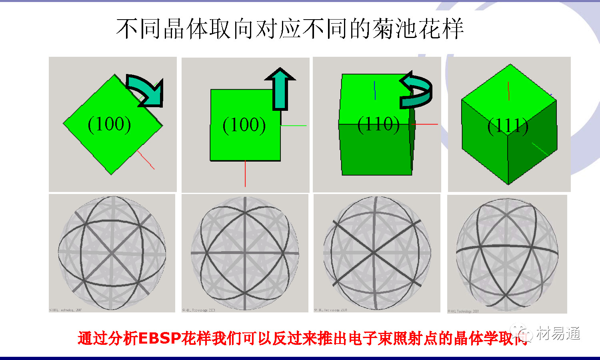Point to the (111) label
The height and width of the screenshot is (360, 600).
508,126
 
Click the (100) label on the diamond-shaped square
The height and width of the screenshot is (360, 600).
109,124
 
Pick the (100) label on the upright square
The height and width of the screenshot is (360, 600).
244,125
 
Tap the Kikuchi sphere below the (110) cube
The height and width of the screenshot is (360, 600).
377,253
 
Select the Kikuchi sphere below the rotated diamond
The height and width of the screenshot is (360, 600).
112,253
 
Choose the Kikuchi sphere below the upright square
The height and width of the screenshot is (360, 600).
245,253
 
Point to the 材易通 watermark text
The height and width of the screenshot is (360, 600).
558,333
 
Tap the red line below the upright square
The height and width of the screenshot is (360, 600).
245,174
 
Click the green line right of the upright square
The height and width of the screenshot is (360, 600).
294,126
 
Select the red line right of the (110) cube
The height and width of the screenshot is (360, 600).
426,124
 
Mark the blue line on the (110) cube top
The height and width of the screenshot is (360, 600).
375,90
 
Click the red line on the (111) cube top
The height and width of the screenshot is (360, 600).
508,91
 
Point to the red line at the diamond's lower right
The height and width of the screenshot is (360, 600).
146,160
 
